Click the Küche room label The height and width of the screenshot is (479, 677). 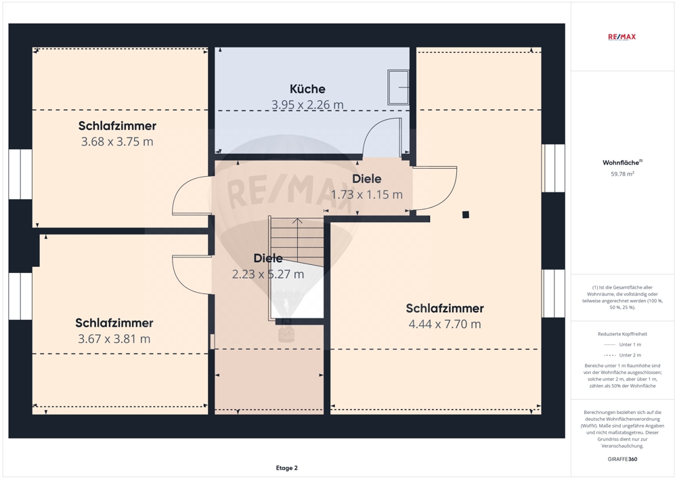click(x=307, y=89)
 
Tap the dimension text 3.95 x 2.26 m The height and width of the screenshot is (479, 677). click(x=307, y=104)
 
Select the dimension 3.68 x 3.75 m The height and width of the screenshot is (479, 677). click(x=117, y=142)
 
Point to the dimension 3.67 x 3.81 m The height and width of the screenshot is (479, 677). click(x=114, y=339)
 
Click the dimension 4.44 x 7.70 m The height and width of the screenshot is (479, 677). click(x=445, y=324)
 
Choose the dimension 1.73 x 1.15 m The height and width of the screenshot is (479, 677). click(x=366, y=194)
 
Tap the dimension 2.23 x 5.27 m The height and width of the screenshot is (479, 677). click(x=268, y=274)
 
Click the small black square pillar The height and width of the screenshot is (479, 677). click(x=466, y=215)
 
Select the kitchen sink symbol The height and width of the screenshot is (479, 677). click(x=398, y=87)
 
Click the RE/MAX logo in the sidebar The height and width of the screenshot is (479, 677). click(x=621, y=37)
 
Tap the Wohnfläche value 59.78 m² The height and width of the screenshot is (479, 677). click(x=622, y=174)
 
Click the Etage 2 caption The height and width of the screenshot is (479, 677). click(x=286, y=467)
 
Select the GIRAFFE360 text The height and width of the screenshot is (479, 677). click(x=622, y=459)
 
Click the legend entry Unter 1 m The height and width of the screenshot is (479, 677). click(x=622, y=345)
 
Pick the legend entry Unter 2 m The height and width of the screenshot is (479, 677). click(x=622, y=355)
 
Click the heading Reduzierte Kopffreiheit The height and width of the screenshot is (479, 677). click(x=622, y=334)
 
